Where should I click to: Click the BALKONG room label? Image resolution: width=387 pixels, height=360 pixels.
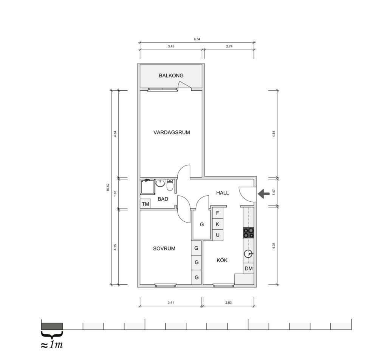(x=171, y=76)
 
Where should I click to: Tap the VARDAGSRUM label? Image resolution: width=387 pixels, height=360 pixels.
(x=172, y=133)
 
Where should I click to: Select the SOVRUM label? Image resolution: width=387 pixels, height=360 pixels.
(x=164, y=249)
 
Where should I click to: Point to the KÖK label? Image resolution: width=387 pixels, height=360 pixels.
(x=222, y=260)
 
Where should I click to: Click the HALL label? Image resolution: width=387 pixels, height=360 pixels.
(x=222, y=193)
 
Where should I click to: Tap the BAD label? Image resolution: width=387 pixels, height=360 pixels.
(x=163, y=199)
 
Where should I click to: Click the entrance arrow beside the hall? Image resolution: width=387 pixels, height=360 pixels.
(x=264, y=194)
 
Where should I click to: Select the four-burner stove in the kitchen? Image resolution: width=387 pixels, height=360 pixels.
(x=249, y=233)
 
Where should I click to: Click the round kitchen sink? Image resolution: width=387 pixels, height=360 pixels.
(x=249, y=253)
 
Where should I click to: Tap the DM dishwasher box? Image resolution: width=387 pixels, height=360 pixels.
(x=249, y=269)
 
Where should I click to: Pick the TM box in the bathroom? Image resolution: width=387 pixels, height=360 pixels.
(x=146, y=204)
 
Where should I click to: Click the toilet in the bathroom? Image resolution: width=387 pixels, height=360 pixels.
(x=170, y=185)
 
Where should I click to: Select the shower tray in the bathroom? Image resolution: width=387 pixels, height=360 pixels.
(x=147, y=187)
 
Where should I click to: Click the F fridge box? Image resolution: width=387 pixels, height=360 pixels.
(x=218, y=213)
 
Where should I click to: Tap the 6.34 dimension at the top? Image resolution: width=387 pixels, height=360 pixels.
(x=197, y=39)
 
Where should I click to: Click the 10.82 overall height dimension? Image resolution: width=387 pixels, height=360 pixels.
(x=108, y=187)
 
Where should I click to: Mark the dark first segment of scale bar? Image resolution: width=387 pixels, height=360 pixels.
(x=52, y=326)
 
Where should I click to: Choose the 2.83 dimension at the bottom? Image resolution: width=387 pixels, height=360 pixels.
(x=228, y=303)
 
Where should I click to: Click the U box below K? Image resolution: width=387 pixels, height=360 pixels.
(x=218, y=235)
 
